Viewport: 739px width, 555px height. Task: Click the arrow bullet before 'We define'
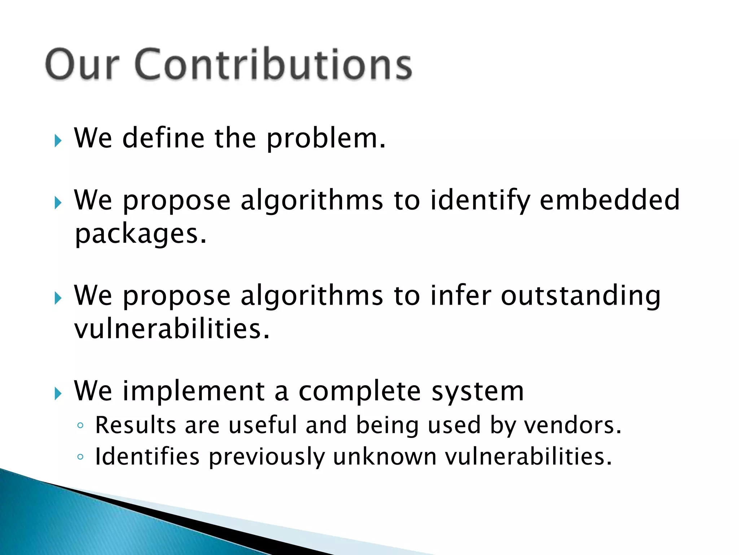point(58,141)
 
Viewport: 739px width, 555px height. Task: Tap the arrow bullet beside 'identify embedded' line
point(58,203)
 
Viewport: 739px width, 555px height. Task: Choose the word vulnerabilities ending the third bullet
point(172,329)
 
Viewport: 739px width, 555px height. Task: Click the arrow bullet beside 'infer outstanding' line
point(58,298)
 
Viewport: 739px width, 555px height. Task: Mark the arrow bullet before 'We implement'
point(58,394)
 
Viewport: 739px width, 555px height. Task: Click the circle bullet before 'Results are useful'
point(80,426)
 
